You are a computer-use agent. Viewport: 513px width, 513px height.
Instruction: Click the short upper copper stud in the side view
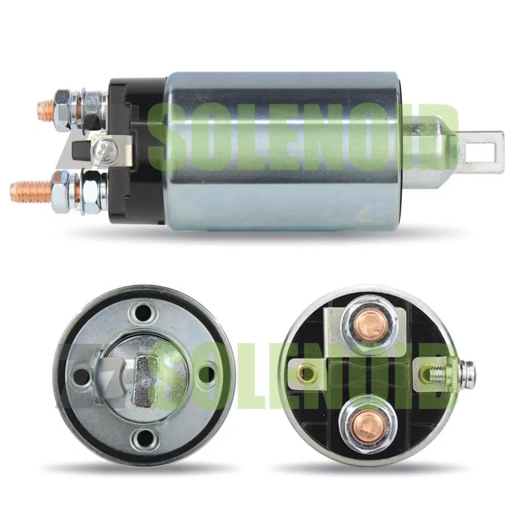tap(46, 110)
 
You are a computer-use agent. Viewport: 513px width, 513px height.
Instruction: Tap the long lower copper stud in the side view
tap(31, 191)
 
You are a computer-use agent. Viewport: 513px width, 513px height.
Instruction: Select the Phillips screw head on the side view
tap(109, 149)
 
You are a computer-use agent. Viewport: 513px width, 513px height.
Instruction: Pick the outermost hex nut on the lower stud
tap(61, 191)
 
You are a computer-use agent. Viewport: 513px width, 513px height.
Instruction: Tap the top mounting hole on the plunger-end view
tap(144, 311)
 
